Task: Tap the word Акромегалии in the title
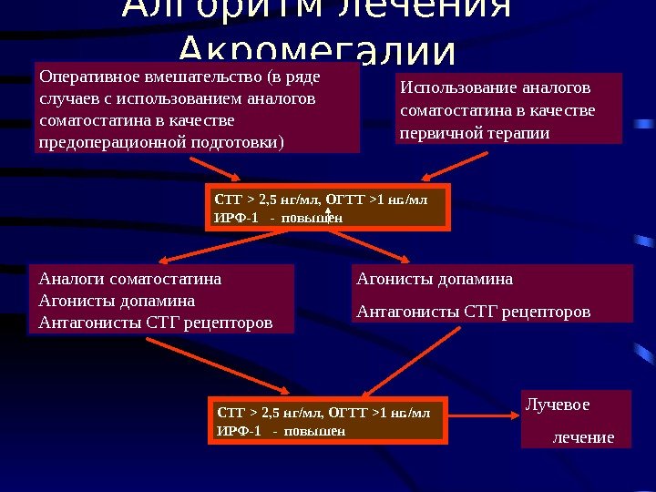tap(316, 50)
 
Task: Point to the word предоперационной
tap(113, 142)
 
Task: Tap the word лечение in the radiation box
tap(584, 437)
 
